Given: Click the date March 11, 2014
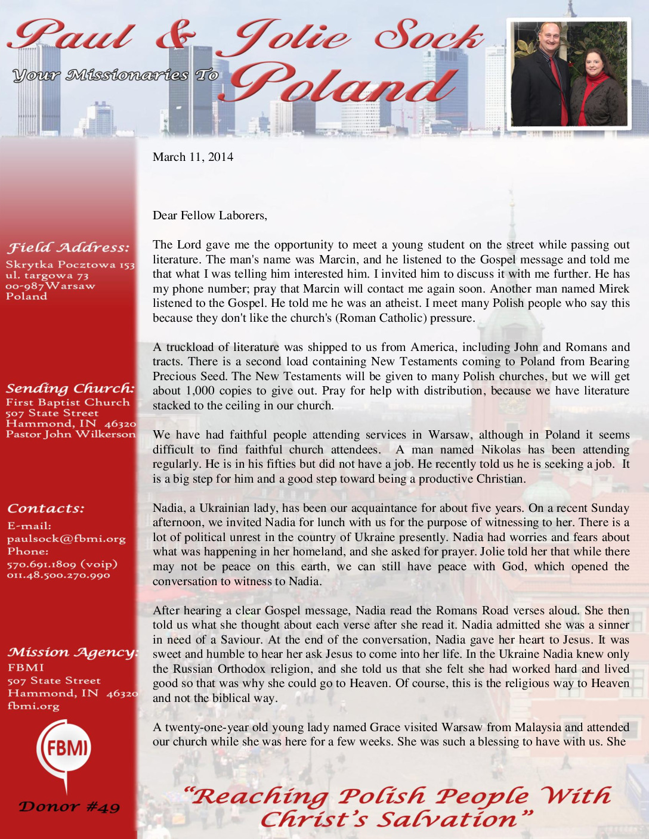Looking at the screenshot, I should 193,157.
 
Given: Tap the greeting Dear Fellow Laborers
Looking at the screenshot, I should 209,216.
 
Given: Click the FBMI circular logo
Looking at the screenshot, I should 64,748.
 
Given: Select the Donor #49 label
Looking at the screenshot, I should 69,807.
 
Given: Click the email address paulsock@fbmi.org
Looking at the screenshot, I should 66,539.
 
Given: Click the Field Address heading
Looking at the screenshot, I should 67,248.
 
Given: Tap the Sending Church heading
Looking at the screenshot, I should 70,389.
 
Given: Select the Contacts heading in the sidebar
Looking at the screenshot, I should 46,509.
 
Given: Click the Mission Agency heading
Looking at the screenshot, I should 72,652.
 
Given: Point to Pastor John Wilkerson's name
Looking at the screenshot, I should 70,434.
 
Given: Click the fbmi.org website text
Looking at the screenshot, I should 33,706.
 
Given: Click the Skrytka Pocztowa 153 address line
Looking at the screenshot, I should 70,265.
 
